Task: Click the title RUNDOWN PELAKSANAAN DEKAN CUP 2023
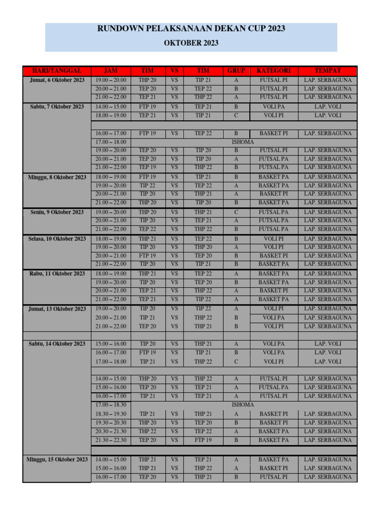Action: pyautogui.click(x=191, y=29)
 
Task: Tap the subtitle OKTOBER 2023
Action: pyautogui.click(x=191, y=43)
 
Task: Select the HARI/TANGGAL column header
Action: pyautogui.click(x=57, y=71)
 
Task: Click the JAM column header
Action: pyautogui.click(x=111, y=71)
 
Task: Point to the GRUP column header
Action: pyautogui.click(x=236, y=71)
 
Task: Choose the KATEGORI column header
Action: pyautogui.click(x=274, y=71)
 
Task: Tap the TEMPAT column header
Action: pyautogui.click(x=328, y=71)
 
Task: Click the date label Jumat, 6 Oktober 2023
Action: pyautogui.click(x=57, y=80)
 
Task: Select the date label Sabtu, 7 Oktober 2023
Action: pyautogui.click(x=57, y=106)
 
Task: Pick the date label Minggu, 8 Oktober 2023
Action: pyautogui.click(x=57, y=177)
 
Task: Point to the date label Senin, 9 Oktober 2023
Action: pyautogui.click(x=57, y=212)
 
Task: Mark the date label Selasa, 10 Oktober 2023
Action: pyautogui.click(x=57, y=239)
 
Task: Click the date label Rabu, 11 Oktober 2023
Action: pyautogui.click(x=57, y=273)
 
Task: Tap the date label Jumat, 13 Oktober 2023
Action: pyautogui.click(x=57, y=309)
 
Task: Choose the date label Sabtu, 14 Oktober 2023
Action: pyautogui.click(x=57, y=344)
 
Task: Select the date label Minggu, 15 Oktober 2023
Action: pyautogui.click(x=57, y=459)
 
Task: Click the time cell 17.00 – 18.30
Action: pyautogui.click(x=111, y=405)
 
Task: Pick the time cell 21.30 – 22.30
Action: pyautogui.click(x=111, y=440)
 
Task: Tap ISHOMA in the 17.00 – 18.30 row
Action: pyautogui.click(x=243, y=405)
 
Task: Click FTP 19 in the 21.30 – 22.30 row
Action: pyautogui.click(x=203, y=440)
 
